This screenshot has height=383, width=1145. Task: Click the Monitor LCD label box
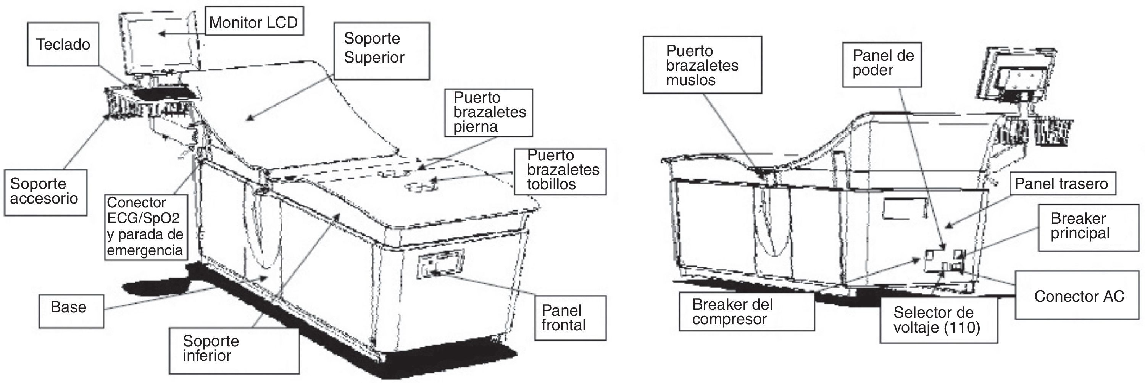(x=254, y=21)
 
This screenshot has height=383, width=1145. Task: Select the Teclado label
(x=63, y=44)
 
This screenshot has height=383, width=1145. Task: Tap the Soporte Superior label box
(x=381, y=51)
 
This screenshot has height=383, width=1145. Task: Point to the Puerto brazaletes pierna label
(x=488, y=113)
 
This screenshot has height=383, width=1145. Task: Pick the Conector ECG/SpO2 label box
(x=145, y=226)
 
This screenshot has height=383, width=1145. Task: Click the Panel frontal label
(x=570, y=318)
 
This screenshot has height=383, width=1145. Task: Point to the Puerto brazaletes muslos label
(x=702, y=65)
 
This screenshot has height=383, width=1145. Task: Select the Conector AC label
(x=1079, y=296)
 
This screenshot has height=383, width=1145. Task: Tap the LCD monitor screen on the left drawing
(x=160, y=44)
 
